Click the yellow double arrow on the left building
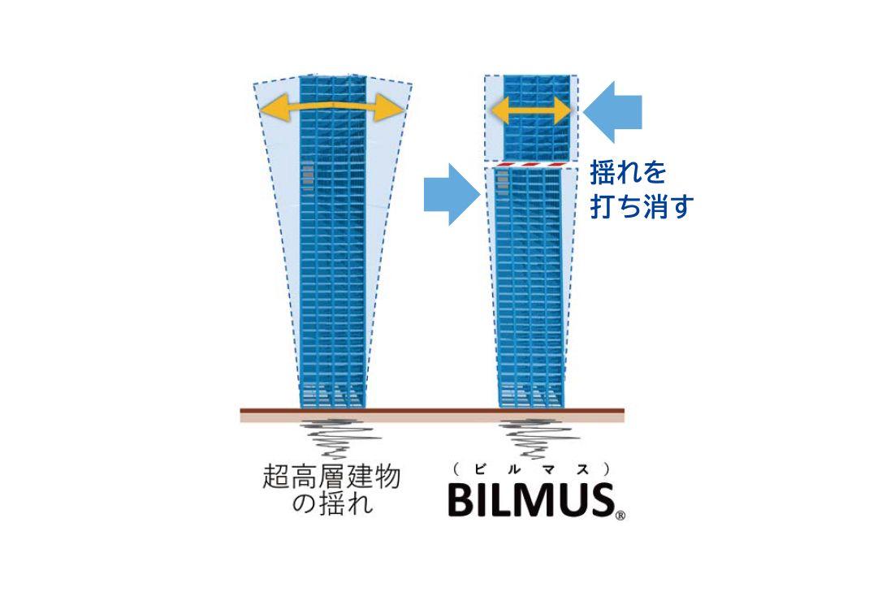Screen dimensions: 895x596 (x=333, y=107)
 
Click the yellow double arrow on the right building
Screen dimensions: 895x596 (x=531, y=110)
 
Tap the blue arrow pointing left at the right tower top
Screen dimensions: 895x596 (x=612, y=112)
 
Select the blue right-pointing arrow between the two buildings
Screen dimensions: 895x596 (x=452, y=195)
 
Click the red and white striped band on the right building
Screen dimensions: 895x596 (x=531, y=165)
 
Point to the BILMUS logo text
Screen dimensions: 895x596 (x=531, y=500)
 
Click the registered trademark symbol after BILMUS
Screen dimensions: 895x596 (x=620, y=516)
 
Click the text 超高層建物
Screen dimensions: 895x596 (x=331, y=477)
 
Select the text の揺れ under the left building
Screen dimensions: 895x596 (x=332, y=503)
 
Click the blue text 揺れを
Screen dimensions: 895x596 (x=628, y=172)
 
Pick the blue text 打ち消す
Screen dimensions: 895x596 (x=642, y=206)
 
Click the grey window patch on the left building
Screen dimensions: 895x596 (x=309, y=178)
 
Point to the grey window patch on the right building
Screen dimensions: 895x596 (x=503, y=183)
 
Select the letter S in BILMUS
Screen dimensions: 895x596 (x=601, y=500)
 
